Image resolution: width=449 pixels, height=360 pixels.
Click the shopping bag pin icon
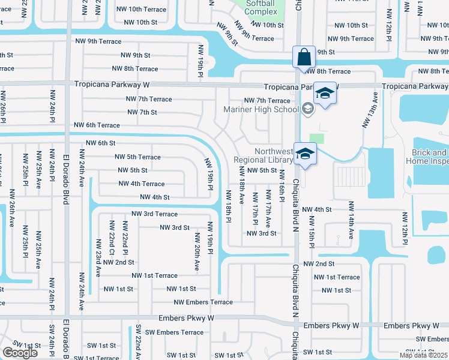(304, 58)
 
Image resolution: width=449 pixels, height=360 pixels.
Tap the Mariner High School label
(261, 109)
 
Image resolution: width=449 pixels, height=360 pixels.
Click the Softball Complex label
(260, 7)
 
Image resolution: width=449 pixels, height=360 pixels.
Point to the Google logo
(20, 353)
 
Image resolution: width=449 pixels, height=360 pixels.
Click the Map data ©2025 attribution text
(423, 355)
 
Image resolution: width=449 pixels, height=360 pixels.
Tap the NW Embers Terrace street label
(203, 302)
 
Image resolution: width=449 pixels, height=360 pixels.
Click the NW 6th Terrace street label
(97, 125)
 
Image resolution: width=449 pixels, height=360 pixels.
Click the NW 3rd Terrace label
(154, 214)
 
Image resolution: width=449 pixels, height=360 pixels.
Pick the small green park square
(317, 138)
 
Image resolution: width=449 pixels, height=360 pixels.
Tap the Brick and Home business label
(429, 157)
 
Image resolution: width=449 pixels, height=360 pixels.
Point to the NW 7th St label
(142, 112)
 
